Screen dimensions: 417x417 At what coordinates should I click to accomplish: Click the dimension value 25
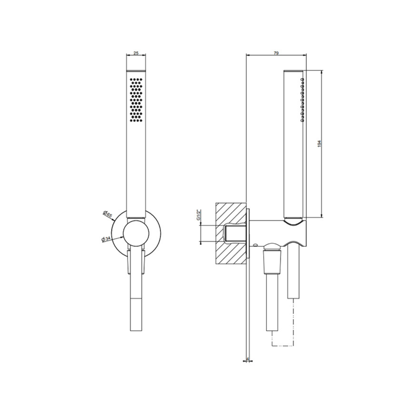[136, 53]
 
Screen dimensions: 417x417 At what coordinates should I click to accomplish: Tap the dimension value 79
[276, 53]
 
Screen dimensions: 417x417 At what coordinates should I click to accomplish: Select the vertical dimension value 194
[319, 144]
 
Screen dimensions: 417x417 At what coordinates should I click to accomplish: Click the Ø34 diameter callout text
[106, 239]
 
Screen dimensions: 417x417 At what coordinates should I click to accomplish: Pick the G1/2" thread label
[198, 215]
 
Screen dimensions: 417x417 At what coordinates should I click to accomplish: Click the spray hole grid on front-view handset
[136, 100]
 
